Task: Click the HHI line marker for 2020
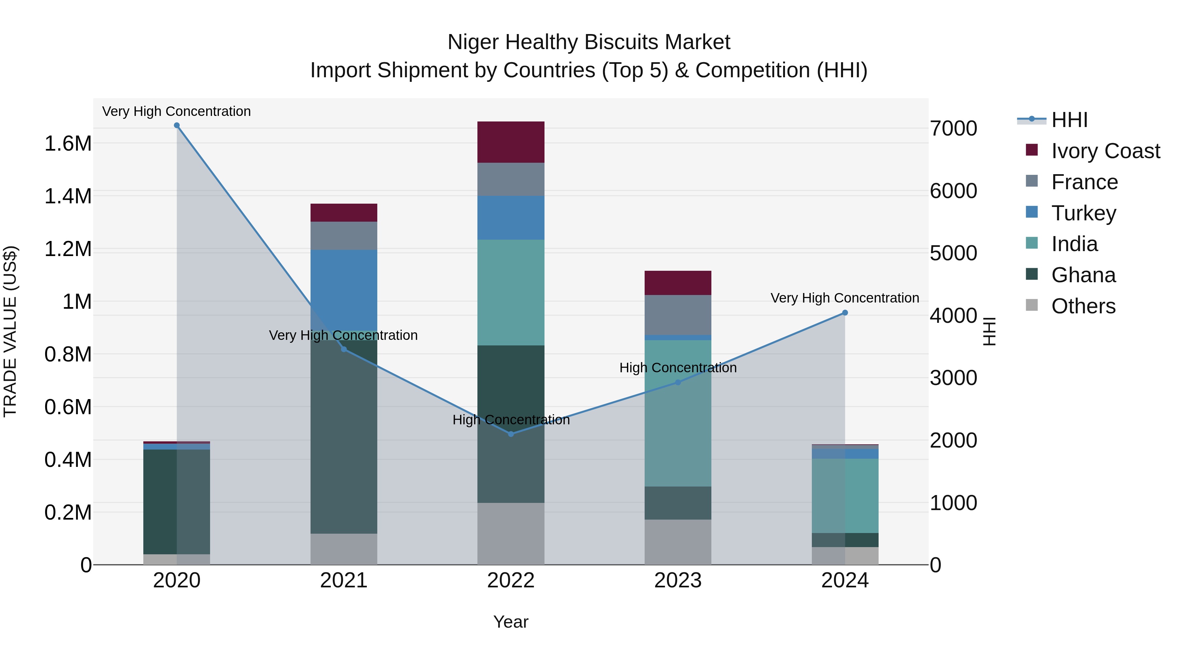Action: tap(177, 125)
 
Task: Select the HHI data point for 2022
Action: tap(511, 434)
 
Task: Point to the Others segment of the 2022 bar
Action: tap(511, 534)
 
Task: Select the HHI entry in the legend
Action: tap(1069, 120)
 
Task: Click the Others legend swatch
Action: tap(1032, 305)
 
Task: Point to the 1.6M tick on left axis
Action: tap(68, 144)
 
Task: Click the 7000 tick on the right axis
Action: tap(954, 129)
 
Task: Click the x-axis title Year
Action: tap(511, 622)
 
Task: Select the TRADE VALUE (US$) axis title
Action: tap(10, 331)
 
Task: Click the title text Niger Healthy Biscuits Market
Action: tap(589, 42)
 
